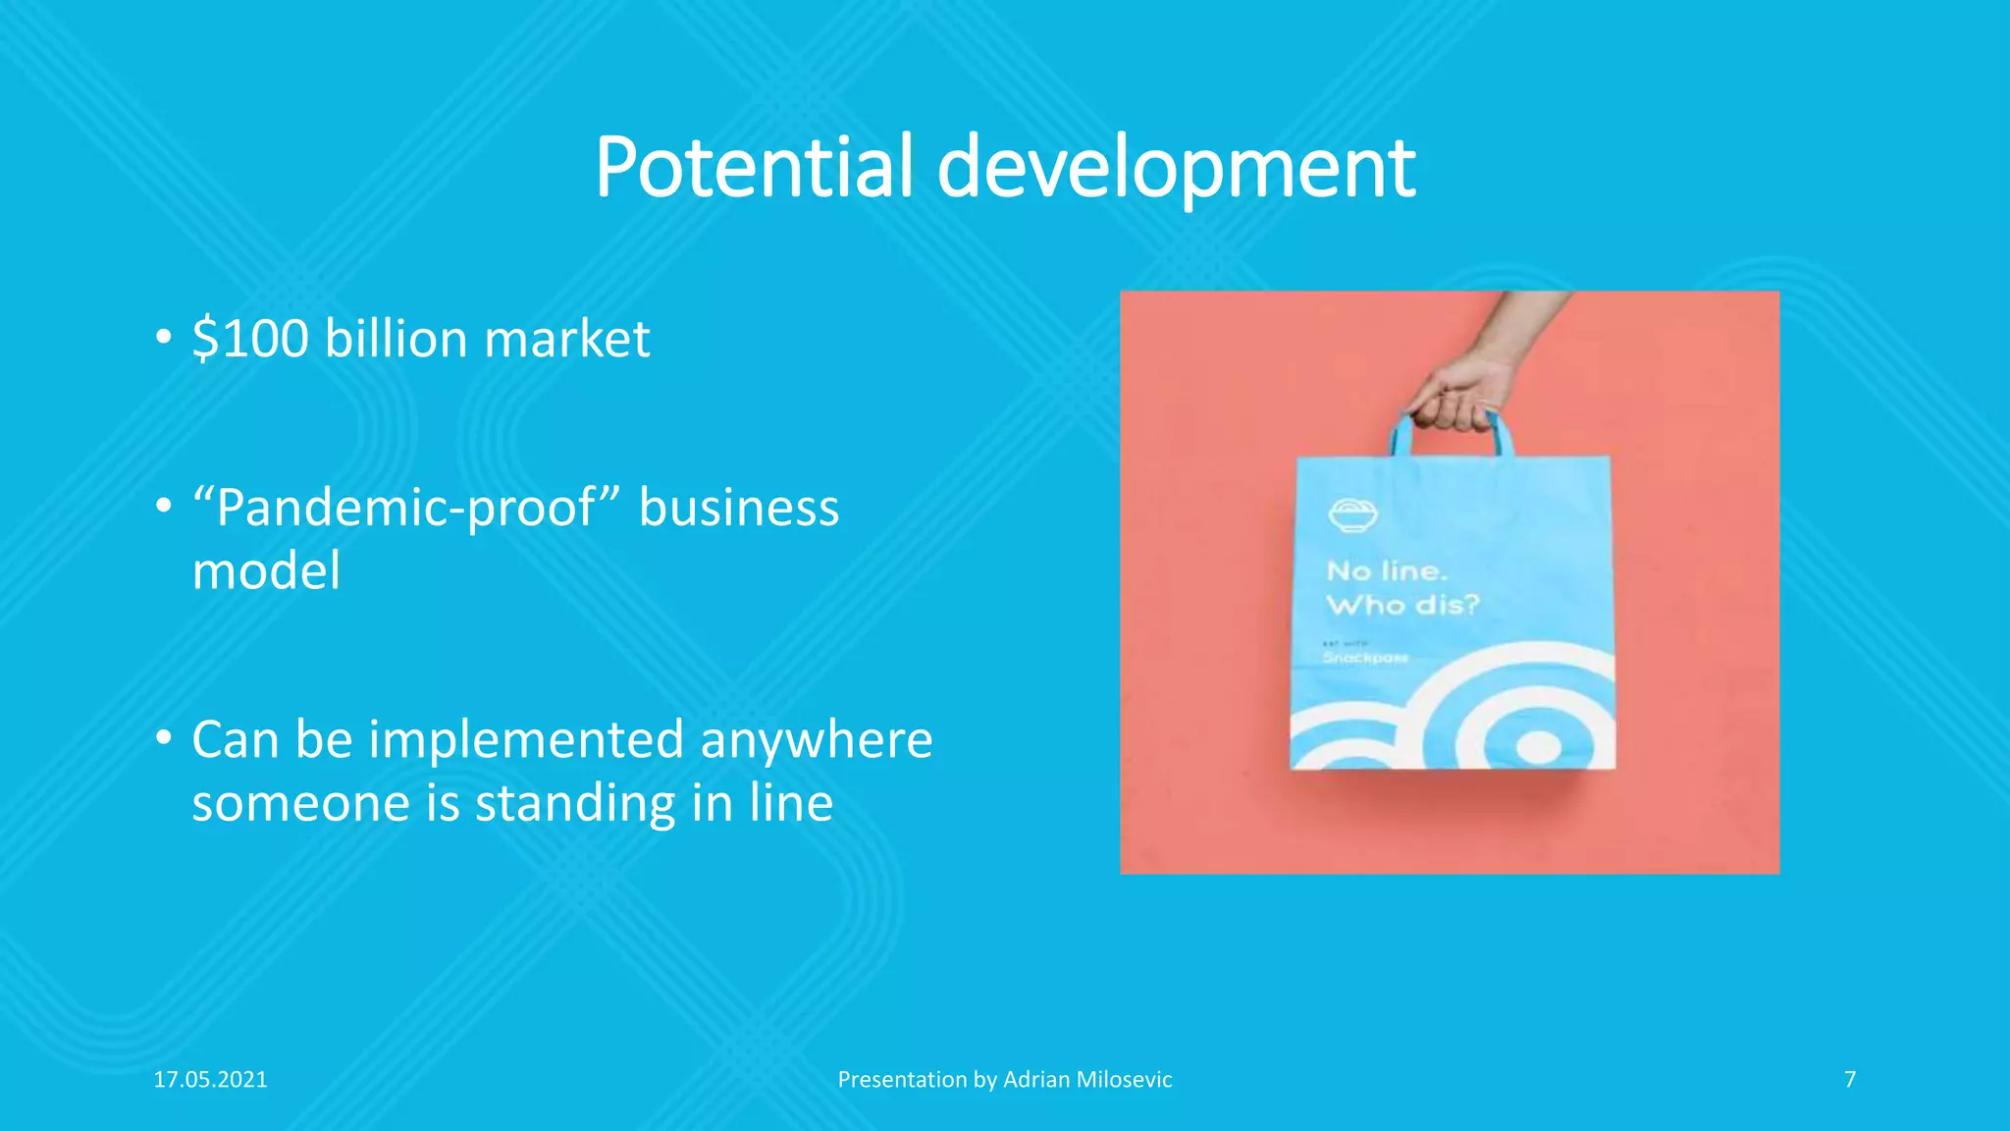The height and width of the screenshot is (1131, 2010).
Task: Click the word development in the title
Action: click(1176, 169)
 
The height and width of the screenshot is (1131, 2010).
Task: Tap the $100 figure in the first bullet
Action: click(250, 339)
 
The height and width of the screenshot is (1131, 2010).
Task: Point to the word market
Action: click(567, 339)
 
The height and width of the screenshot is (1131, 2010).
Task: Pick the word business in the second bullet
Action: click(739, 509)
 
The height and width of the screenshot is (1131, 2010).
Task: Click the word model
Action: click(266, 571)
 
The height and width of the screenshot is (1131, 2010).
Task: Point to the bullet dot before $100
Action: click(164, 339)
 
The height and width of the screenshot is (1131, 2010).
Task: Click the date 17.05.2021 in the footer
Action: click(210, 1080)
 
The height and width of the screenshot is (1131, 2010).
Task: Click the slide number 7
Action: click(1850, 1080)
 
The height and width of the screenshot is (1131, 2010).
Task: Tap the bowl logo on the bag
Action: click(1352, 514)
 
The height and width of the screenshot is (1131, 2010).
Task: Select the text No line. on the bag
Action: click(1386, 570)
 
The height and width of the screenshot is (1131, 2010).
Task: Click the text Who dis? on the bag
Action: click(1402, 605)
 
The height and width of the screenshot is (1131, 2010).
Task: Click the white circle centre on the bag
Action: click(1538, 748)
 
